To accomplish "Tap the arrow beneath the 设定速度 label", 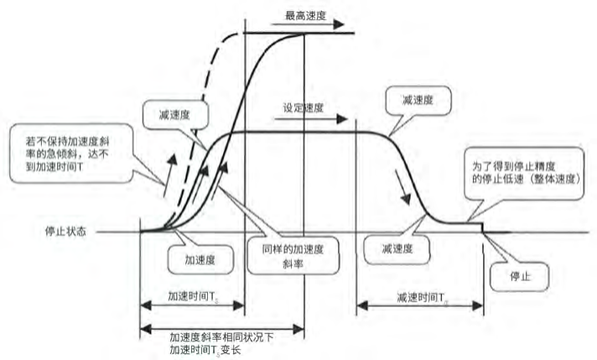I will click(297, 118).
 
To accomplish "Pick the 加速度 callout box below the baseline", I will click(200, 259).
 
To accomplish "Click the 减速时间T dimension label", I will click(419, 296).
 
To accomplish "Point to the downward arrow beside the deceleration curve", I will click(406, 195).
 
